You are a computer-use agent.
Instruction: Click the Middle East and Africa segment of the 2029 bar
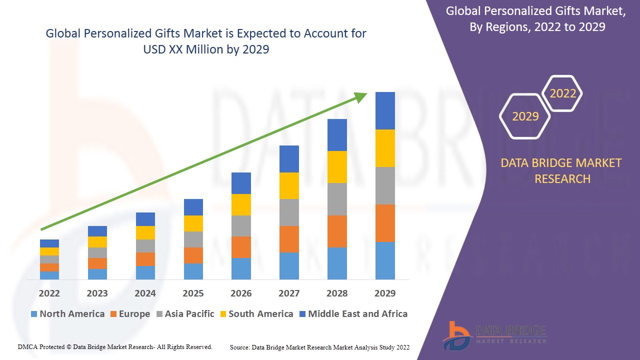click(385, 110)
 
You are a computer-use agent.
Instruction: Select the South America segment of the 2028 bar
click(337, 166)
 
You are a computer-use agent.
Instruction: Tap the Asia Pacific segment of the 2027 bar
click(289, 212)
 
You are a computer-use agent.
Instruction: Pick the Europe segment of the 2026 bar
click(241, 247)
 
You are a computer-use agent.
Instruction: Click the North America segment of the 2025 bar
click(193, 271)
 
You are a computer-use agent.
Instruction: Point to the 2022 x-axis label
click(49, 293)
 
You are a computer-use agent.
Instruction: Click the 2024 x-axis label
click(145, 293)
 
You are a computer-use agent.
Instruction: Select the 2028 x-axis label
click(337, 293)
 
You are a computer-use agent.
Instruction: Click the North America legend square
click(34, 314)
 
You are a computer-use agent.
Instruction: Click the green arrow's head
click(361, 96)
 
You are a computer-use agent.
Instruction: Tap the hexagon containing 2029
click(525, 116)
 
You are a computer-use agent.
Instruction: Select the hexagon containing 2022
click(562, 93)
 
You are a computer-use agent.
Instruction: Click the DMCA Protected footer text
click(115, 346)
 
